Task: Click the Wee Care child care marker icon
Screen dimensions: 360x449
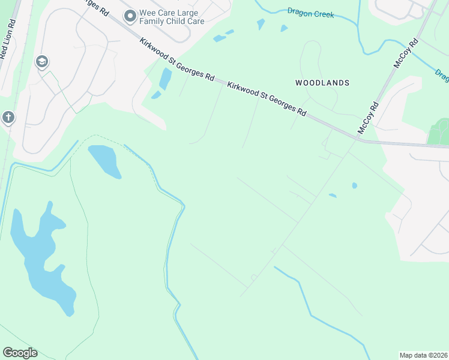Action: tap(130, 16)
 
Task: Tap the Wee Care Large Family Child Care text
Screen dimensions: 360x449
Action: tap(172, 17)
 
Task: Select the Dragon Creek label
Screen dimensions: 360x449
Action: tap(310, 12)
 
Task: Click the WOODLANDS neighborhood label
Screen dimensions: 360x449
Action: tap(322, 82)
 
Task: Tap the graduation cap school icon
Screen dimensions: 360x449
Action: tap(42, 62)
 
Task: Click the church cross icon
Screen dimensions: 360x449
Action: tap(8, 117)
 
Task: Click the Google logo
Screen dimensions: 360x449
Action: tap(20, 353)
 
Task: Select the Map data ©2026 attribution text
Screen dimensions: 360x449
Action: tap(424, 355)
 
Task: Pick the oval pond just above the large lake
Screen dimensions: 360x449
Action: tap(104, 160)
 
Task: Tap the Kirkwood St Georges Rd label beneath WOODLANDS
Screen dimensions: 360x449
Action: tap(267, 100)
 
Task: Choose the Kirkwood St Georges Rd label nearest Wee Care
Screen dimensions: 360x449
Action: tap(177, 60)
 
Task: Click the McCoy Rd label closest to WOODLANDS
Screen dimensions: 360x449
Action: tap(368, 118)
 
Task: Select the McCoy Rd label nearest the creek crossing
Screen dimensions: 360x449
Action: tap(405, 54)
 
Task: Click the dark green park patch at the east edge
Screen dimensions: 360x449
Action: tap(439, 132)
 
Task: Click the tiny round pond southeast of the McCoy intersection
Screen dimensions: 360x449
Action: tap(354, 185)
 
